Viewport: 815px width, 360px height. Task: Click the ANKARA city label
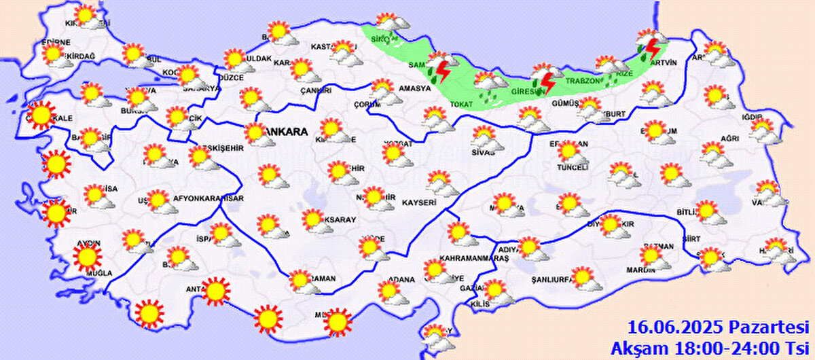pos(287,132)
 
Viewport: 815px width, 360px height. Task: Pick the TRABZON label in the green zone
pos(583,82)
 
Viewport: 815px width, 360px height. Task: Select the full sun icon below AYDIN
pos(87,257)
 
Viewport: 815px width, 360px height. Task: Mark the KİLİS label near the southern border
pos(480,304)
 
